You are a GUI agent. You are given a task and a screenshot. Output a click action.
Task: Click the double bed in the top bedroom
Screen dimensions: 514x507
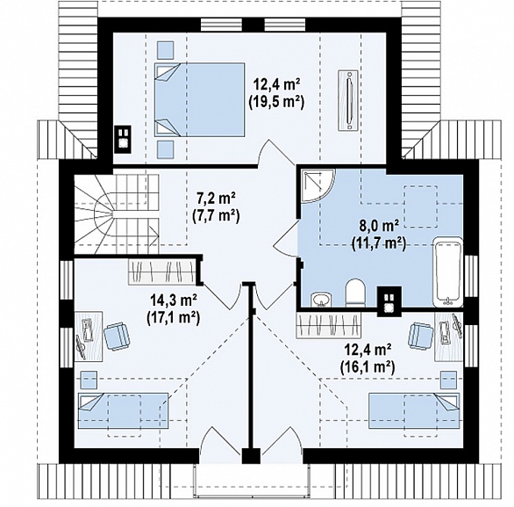tap(200, 99)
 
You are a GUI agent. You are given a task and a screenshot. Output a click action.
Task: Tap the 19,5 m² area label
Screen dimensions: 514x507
tap(276, 102)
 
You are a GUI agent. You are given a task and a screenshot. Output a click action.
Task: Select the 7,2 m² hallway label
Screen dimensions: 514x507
tap(216, 199)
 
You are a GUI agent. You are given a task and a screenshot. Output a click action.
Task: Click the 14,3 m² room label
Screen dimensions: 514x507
tap(174, 300)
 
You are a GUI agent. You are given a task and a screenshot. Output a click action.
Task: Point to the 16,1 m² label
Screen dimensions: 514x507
tap(368, 366)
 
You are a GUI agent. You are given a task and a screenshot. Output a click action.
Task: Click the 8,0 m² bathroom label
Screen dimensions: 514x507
tap(379, 227)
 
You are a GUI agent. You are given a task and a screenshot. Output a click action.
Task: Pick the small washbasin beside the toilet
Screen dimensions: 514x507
tap(321, 300)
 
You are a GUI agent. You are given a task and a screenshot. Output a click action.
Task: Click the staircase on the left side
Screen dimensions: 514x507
tap(117, 214)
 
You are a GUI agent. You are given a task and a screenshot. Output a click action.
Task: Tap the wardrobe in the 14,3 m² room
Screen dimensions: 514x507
tap(161, 271)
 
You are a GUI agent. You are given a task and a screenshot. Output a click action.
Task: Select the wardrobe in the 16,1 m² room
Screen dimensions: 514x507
tap(328, 325)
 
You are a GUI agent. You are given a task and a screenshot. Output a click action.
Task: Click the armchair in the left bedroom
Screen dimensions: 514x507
tap(117, 335)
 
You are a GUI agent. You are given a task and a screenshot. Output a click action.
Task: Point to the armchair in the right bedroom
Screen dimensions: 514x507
tap(421, 335)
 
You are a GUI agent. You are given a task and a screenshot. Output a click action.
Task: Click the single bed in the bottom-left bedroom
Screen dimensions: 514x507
tap(124, 410)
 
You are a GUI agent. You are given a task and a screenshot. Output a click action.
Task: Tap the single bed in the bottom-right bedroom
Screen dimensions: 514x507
tap(414, 410)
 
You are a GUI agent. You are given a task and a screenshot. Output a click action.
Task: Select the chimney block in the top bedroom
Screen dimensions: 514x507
tap(123, 139)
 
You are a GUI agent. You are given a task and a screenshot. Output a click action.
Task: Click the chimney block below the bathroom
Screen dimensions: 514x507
tap(389, 301)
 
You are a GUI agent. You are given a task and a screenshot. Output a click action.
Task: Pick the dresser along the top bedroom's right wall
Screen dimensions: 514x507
tap(349, 99)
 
